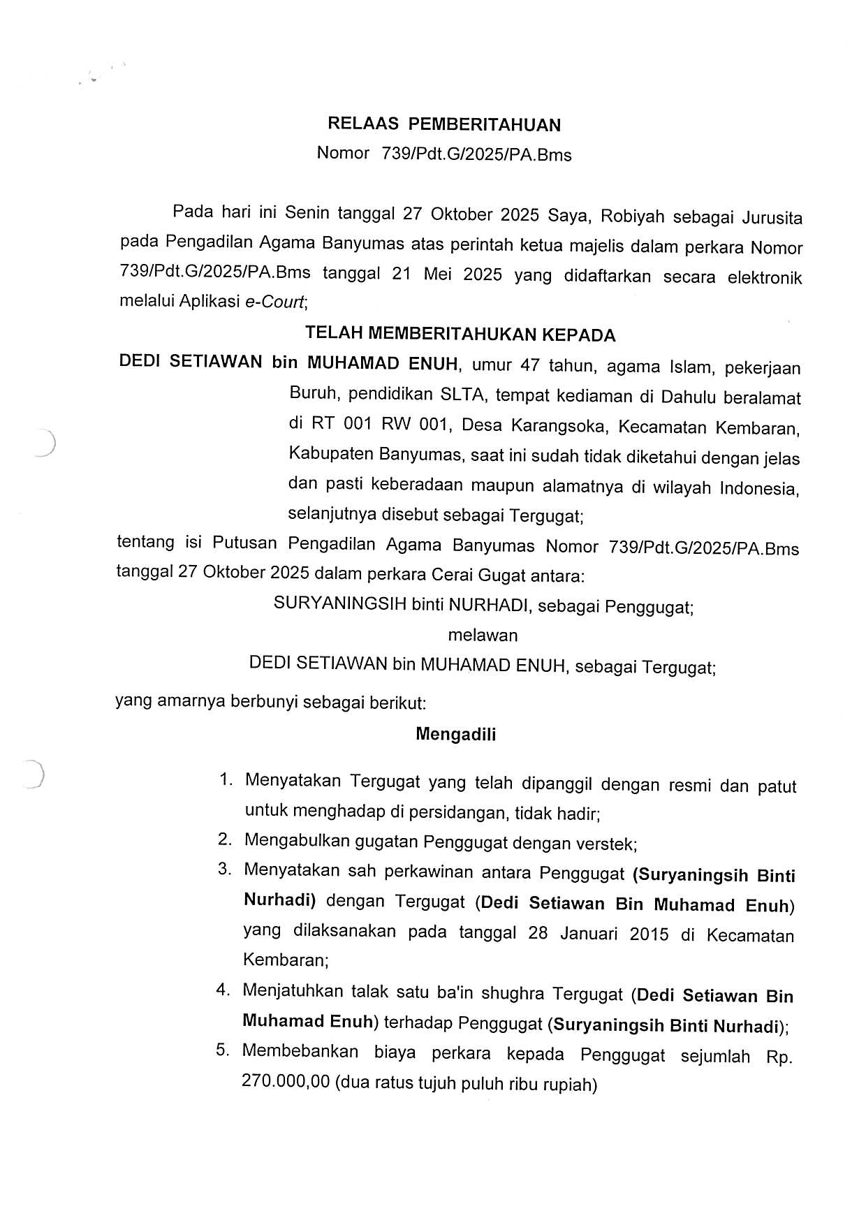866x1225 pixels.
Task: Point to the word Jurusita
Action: [x=772, y=218]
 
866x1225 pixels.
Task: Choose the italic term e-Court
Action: [x=274, y=302]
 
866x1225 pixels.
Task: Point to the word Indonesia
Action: [x=759, y=488]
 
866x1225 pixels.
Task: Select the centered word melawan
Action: [x=483, y=636]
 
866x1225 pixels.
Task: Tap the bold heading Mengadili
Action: [x=455, y=734]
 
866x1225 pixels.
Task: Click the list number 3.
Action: [x=224, y=870]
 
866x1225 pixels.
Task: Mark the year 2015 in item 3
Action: [x=649, y=934]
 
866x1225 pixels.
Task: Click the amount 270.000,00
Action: [x=285, y=1083]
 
